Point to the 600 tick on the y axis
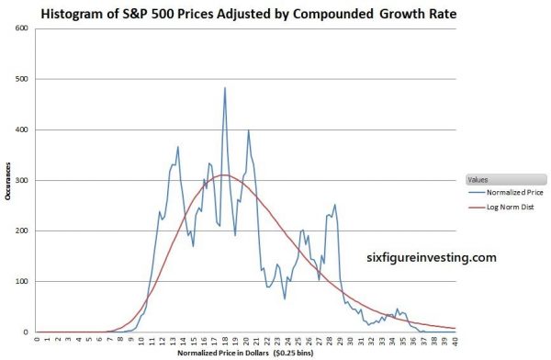[x=25, y=28]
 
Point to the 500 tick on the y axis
[x=25, y=79]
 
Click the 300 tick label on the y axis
[x=25, y=180]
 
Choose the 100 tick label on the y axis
[x=25, y=281]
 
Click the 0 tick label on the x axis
[x=36, y=341]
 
